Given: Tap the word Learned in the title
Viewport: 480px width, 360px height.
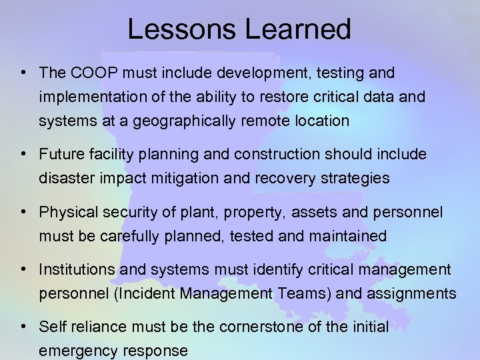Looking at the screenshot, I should (x=293, y=29).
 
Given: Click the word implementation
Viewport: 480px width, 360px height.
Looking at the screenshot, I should (x=89, y=97).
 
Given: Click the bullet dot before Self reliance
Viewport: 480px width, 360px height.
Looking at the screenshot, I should (x=23, y=327).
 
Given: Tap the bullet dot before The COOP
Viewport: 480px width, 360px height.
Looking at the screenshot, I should (x=23, y=72).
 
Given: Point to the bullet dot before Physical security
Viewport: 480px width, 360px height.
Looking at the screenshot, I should (x=23, y=212).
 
